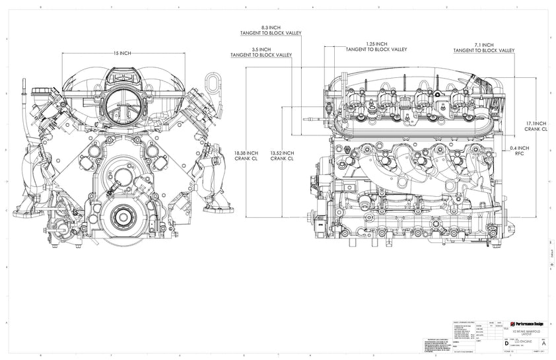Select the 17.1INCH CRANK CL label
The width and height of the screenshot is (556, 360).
click(537, 126)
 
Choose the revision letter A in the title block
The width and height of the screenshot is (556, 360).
click(543, 343)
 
